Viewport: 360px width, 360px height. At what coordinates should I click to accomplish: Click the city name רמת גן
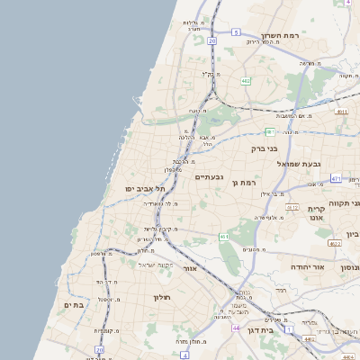coord(245,183)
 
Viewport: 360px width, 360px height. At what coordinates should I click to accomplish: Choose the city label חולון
coord(162,297)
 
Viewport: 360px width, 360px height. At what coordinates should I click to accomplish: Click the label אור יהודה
coord(307,267)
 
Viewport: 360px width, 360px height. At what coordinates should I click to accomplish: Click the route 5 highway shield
coord(236,31)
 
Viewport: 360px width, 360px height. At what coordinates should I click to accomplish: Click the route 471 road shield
coord(335,179)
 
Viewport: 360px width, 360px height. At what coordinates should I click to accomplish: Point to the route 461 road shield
coord(224,237)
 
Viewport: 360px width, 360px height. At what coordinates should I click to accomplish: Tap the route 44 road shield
coord(235,329)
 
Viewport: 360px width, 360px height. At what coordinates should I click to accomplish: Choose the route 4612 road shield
coord(292,207)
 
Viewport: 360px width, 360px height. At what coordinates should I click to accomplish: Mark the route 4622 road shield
coord(335,244)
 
